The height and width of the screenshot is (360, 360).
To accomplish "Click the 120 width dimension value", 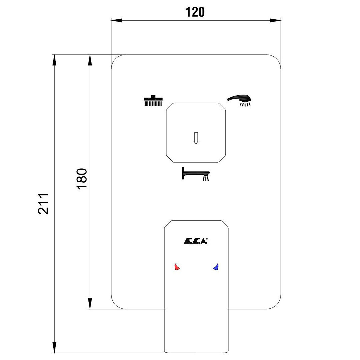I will (195, 12).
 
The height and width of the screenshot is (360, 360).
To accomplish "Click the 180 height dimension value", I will (82, 178).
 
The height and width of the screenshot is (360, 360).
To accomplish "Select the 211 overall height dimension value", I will (43, 203).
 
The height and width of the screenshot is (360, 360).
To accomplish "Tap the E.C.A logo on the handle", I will (196, 241).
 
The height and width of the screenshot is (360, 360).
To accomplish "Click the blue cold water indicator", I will (216, 267).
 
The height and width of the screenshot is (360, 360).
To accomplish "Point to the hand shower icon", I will (240, 100).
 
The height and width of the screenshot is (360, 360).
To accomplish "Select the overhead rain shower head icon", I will (153, 101).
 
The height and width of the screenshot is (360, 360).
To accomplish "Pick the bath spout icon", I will (196, 174).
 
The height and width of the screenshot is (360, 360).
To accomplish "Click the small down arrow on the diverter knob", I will (196, 138).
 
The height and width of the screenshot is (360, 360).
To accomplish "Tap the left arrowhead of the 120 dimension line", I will (116, 21).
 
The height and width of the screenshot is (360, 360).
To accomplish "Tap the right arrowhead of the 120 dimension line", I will (276, 21).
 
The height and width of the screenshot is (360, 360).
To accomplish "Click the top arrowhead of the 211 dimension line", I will (54, 60).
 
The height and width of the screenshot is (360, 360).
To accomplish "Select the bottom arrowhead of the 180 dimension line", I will (90, 304).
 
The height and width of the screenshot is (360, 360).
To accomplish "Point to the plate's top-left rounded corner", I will (115, 59).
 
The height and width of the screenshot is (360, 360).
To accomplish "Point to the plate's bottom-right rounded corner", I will (277, 304).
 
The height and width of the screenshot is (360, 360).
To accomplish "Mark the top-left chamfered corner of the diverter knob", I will (169, 107).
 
